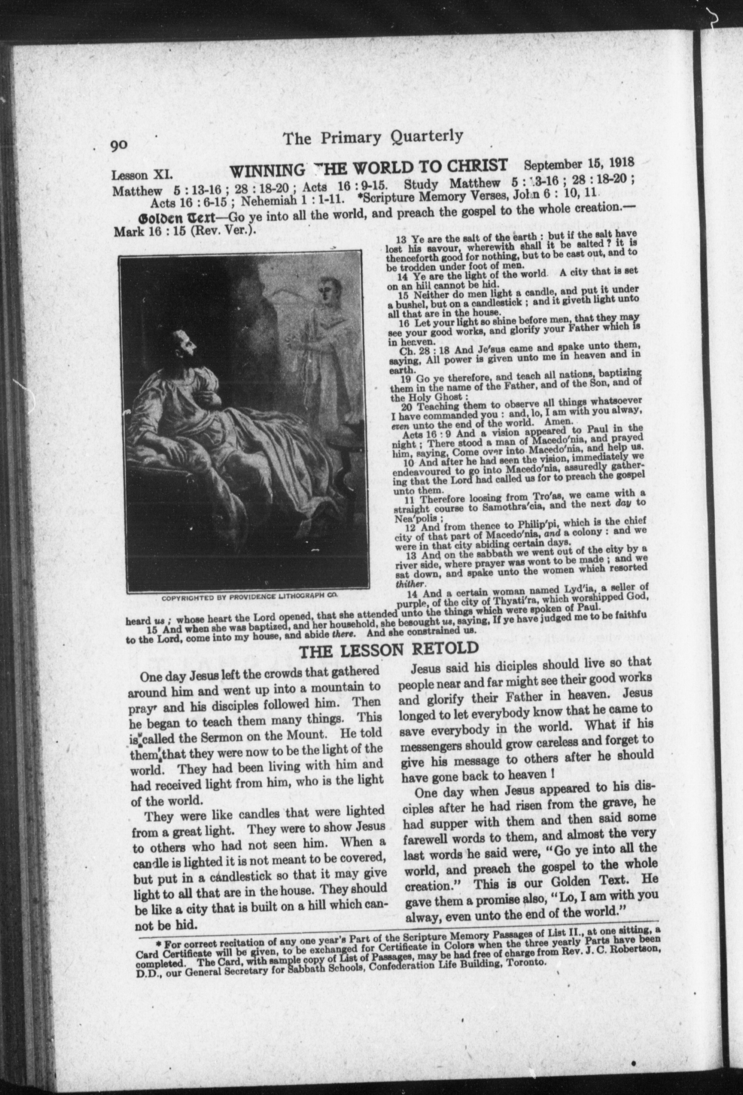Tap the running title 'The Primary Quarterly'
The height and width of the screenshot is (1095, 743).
(372, 137)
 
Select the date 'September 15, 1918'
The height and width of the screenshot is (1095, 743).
(579, 165)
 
